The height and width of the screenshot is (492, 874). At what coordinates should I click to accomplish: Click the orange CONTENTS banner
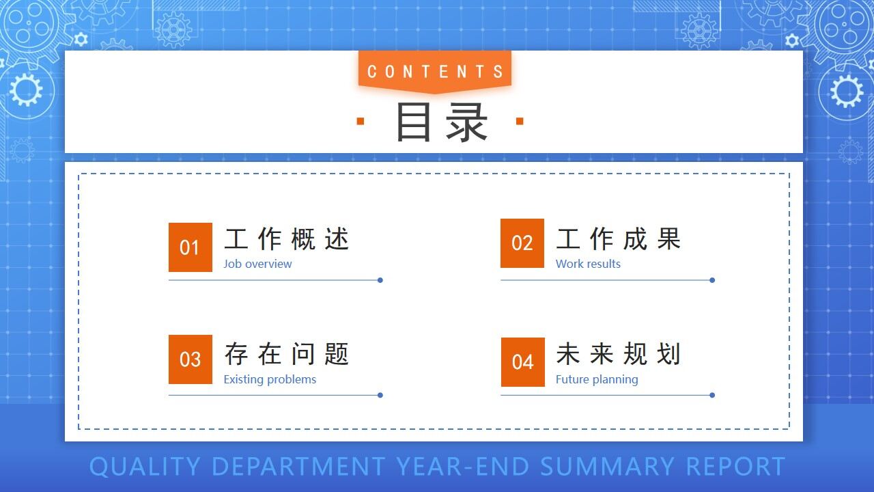click(435, 71)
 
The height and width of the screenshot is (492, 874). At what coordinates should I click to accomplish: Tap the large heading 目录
click(442, 122)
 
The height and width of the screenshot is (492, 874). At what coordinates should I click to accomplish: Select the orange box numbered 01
click(191, 247)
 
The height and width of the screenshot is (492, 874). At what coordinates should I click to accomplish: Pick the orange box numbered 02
click(522, 243)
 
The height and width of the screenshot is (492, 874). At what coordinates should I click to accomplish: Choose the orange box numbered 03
click(191, 359)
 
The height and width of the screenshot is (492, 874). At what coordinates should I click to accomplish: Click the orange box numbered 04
click(523, 362)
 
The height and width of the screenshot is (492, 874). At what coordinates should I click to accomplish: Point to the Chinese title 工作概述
click(287, 239)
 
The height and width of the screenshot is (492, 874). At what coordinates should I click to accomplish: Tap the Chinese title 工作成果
click(619, 239)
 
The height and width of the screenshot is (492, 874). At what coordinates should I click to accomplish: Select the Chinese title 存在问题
click(287, 355)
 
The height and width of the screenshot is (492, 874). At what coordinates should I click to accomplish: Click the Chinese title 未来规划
click(619, 355)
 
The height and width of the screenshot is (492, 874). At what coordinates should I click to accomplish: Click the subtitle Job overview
click(257, 264)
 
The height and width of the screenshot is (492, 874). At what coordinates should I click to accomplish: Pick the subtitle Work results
click(588, 264)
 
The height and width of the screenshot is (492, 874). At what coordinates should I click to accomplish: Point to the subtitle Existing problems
click(270, 379)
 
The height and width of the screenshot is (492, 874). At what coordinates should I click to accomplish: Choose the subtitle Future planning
click(597, 379)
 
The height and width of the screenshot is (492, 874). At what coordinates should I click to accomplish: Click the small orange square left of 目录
click(361, 122)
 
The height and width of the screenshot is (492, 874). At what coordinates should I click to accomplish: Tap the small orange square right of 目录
click(520, 122)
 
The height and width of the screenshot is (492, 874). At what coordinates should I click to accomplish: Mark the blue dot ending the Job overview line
click(380, 280)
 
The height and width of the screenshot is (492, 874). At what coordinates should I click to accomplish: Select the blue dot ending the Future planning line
click(712, 395)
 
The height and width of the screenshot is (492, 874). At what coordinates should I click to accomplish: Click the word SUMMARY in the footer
click(607, 467)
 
